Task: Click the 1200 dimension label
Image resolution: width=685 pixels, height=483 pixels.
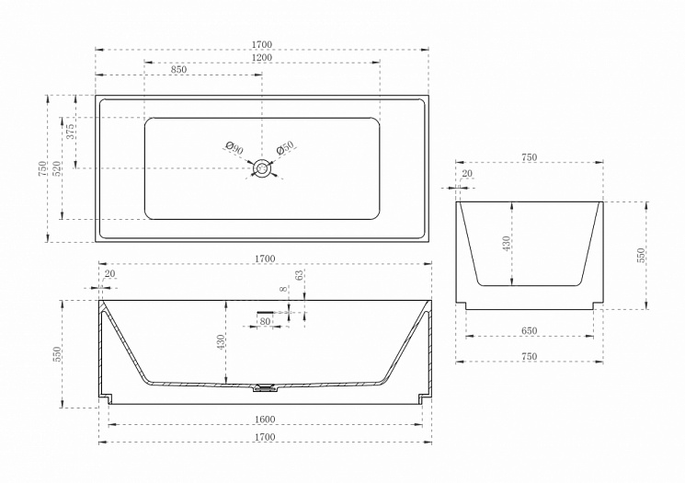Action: [262, 57]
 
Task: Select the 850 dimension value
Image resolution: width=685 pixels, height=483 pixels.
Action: [178, 70]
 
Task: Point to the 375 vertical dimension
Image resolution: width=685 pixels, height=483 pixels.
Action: [71, 132]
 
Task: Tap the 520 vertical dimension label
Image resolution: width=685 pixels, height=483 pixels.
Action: [57, 168]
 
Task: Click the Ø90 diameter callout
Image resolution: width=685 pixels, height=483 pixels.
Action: [234, 147]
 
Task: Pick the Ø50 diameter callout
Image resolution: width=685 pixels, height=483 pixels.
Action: [286, 148]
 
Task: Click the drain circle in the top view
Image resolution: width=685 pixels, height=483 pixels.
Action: [262, 168]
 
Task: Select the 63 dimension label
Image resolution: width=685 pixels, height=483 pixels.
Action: [299, 275]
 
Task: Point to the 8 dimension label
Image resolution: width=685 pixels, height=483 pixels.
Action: [283, 289]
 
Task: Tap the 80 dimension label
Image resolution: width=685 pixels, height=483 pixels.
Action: [265, 321]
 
